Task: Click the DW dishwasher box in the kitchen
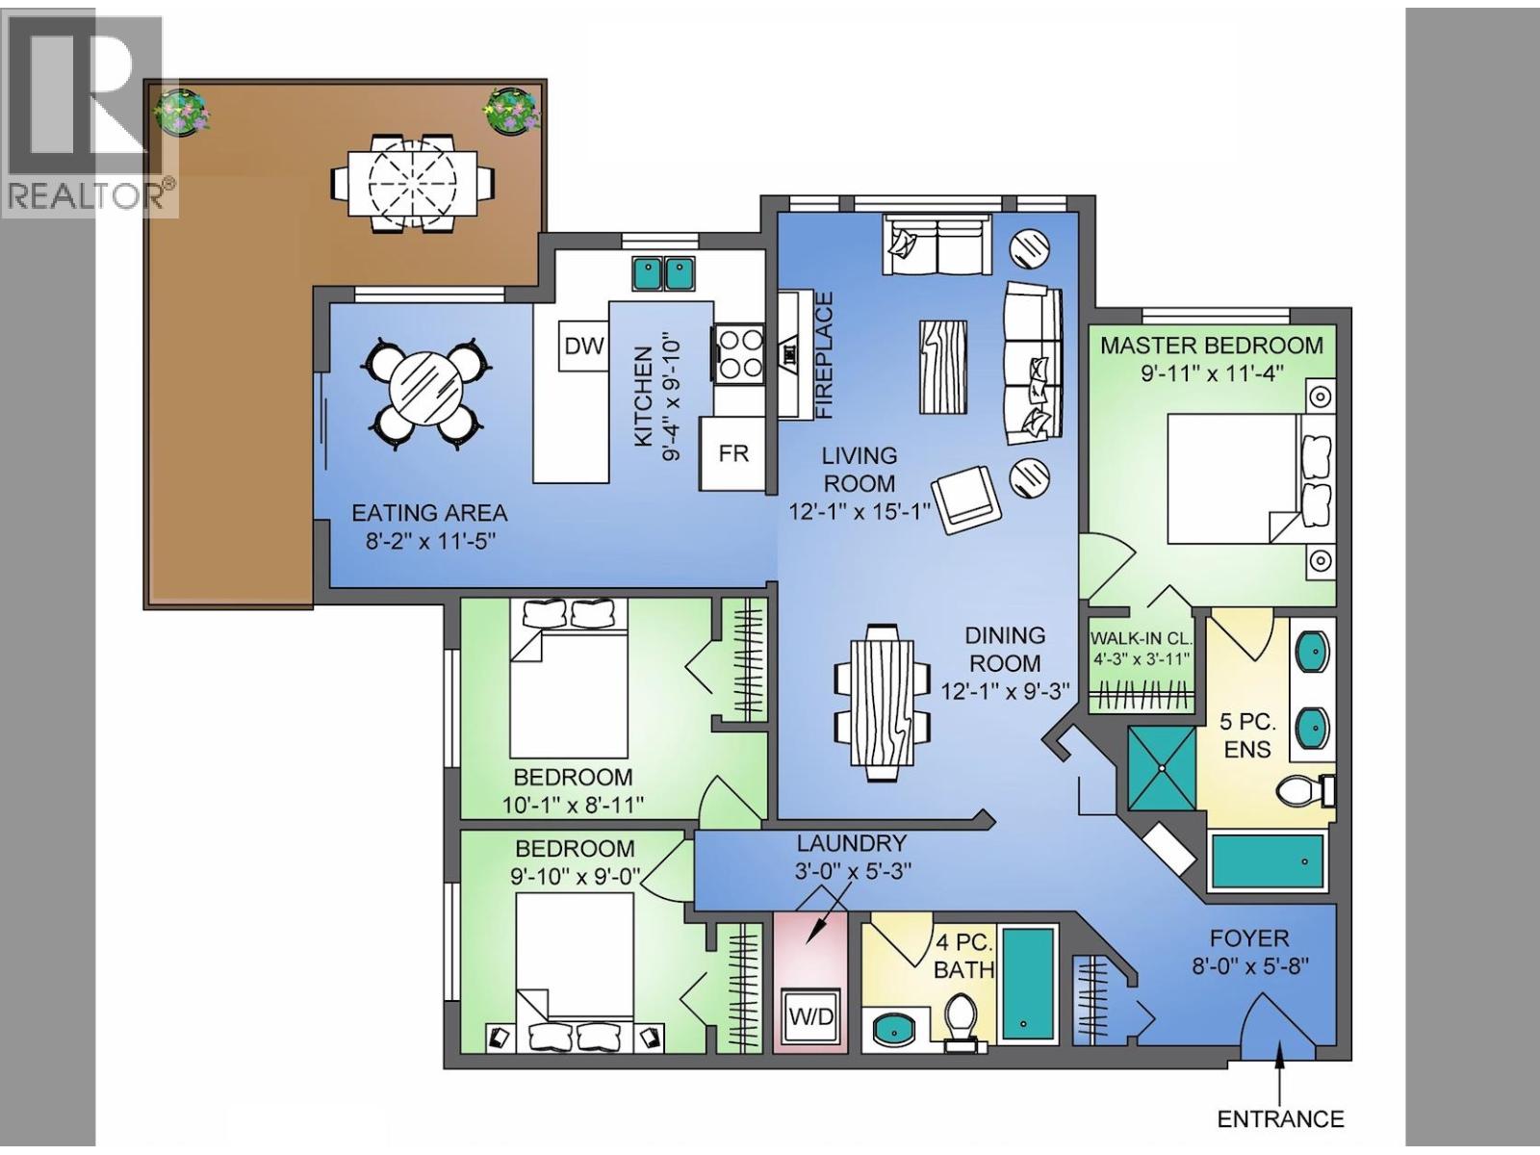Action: [583, 346]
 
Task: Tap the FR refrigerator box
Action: [733, 453]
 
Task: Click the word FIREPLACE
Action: [825, 355]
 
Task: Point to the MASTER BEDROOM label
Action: [1212, 345]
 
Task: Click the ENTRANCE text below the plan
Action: [1280, 1118]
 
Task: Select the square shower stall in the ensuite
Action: [1161, 768]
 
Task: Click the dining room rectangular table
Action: [884, 702]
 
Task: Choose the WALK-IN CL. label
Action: [1141, 639]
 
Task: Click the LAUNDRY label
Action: [852, 842]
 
